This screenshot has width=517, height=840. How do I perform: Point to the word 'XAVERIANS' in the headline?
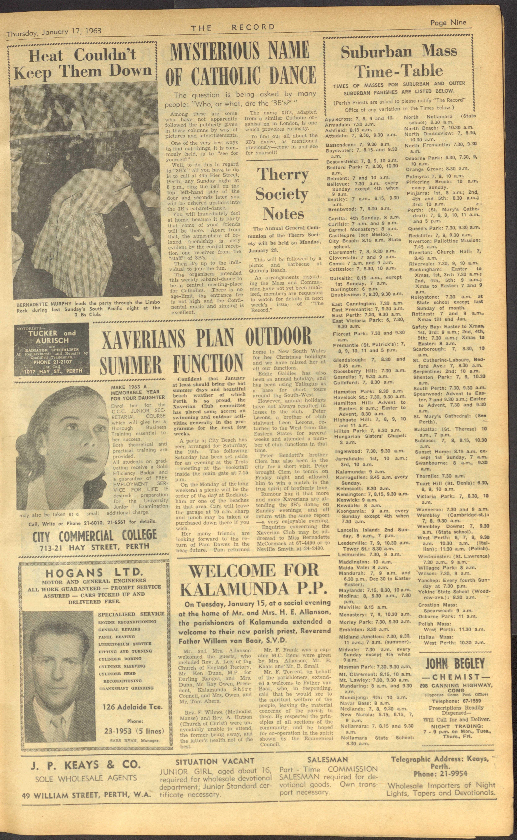[144, 337]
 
